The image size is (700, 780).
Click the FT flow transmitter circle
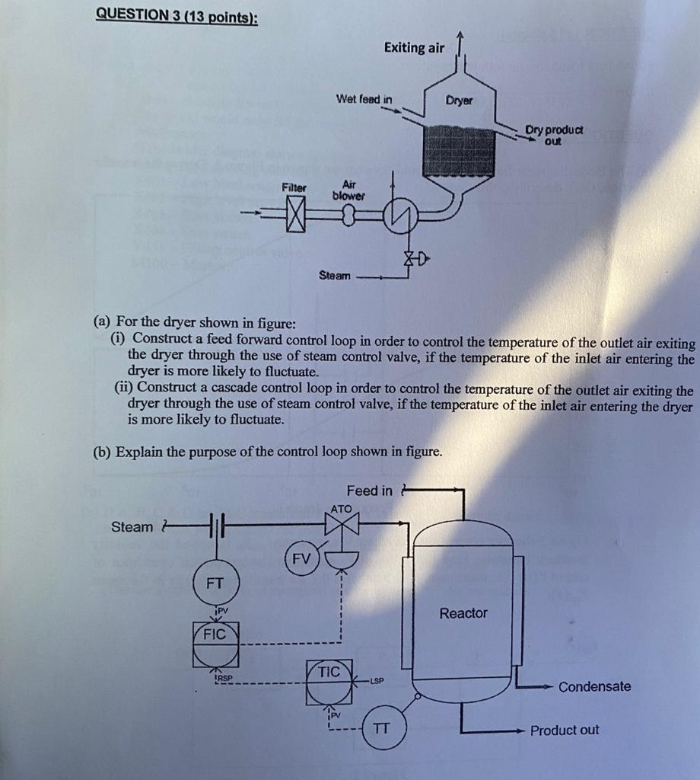[215, 584]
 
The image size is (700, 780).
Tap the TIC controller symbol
[329, 682]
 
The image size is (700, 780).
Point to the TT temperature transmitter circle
[383, 728]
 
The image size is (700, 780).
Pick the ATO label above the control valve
[342, 508]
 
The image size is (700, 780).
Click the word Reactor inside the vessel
[463, 613]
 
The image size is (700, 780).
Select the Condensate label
[594, 686]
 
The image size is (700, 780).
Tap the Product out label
[565, 730]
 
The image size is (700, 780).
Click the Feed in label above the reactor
[370, 491]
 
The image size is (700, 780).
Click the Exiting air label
[414, 48]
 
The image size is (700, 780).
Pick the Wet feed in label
[364, 99]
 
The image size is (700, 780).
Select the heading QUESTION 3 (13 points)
[177, 16]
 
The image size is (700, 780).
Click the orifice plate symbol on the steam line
[215, 526]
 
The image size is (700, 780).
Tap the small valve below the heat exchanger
[411, 259]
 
